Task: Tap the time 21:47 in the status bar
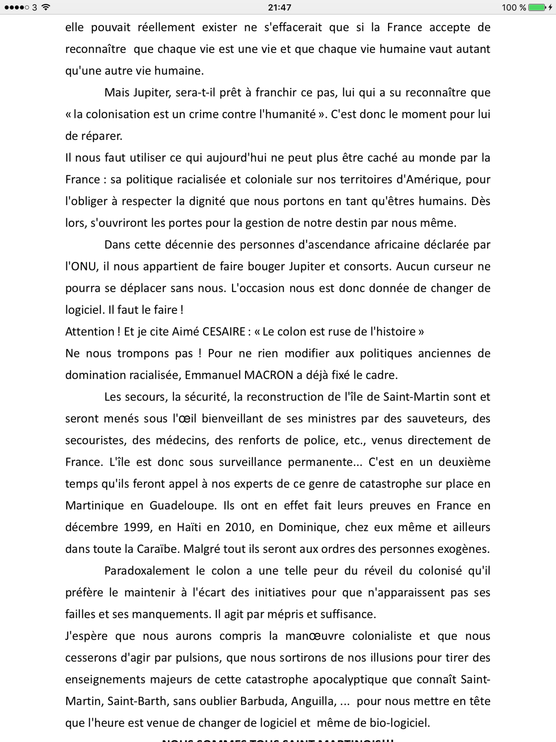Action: [279, 7]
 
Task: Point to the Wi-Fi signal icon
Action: [45, 7]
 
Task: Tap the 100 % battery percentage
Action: [514, 7]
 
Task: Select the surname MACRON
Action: [269, 375]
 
